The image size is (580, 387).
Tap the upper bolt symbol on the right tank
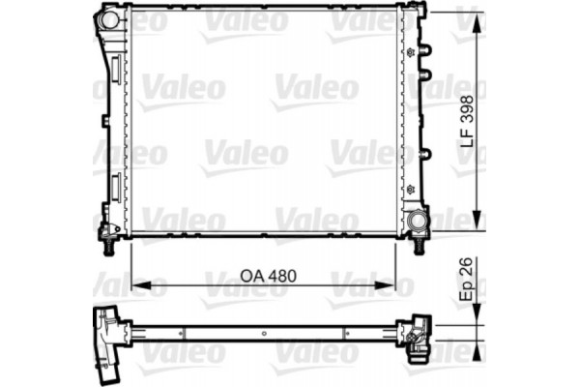414,50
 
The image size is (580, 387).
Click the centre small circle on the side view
264,332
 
